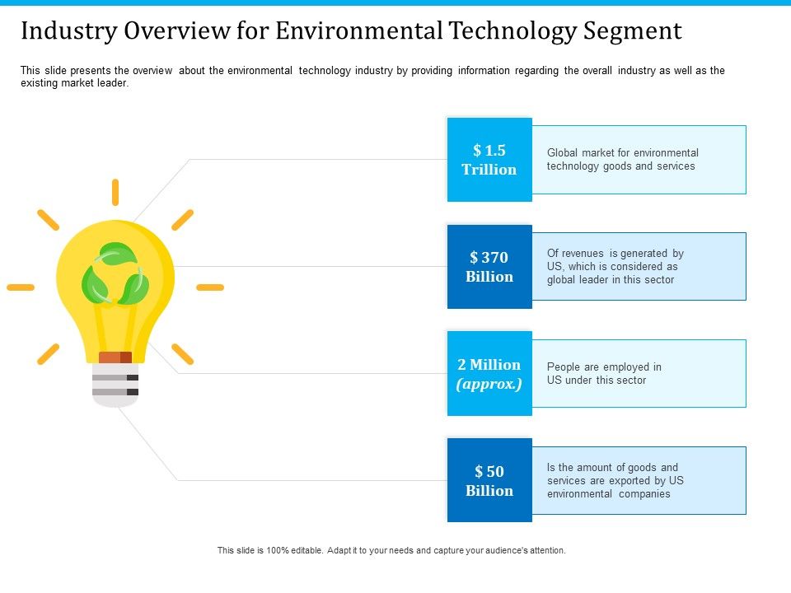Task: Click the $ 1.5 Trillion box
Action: [489, 160]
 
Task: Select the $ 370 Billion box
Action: [489, 267]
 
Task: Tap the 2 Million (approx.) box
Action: [489, 374]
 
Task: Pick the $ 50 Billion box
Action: [489, 481]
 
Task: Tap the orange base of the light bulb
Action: [115, 357]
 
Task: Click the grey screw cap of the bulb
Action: [115, 385]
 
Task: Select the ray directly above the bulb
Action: [115, 192]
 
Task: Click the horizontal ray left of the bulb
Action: [21, 287]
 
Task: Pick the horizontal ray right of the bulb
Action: [210, 287]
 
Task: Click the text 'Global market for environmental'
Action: [622, 153]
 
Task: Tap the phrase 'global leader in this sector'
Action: [611, 280]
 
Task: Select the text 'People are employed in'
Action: [604, 367]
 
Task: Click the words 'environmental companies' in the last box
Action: [608, 494]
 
